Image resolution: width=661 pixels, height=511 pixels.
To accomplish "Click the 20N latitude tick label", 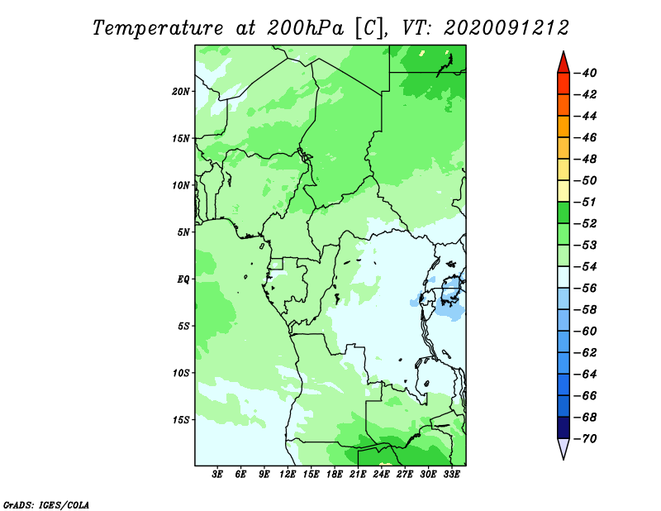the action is tap(181, 92).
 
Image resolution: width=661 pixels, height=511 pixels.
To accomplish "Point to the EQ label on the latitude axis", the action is tap(183, 279).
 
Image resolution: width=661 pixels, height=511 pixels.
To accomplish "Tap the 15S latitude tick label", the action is tap(181, 420).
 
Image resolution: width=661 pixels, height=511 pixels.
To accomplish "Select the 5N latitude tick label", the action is tap(183, 232).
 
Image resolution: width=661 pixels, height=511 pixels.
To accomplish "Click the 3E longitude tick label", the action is tap(217, 475).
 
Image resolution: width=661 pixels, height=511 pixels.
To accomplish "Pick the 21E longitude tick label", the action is tap(358, 475).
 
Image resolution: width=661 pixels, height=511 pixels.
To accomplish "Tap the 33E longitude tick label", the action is tap(451, 475).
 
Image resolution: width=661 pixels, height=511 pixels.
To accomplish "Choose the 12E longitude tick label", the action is tap(288, 475).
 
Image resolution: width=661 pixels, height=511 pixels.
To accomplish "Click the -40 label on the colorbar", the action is tap(585, 73).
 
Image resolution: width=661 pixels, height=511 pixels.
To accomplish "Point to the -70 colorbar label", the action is tap(585, 439).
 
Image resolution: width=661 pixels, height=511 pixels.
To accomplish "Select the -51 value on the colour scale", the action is tap(585, 202).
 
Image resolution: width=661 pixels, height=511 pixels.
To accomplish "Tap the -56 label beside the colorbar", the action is tap(585, 289).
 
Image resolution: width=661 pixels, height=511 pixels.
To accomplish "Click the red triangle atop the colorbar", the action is tap(564, 64).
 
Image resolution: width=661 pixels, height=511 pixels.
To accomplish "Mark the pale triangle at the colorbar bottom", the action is tap(564, 447).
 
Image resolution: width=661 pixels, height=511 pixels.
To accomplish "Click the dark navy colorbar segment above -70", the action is tap(564, 427).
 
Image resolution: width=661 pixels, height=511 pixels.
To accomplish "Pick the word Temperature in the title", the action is tap(158, 28).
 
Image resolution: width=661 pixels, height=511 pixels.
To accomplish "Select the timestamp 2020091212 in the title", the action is tap(506, 28).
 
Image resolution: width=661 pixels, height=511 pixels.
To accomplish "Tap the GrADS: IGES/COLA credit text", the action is tap(46, 505).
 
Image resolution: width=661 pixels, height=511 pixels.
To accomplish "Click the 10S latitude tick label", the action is tap(181, 373).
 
